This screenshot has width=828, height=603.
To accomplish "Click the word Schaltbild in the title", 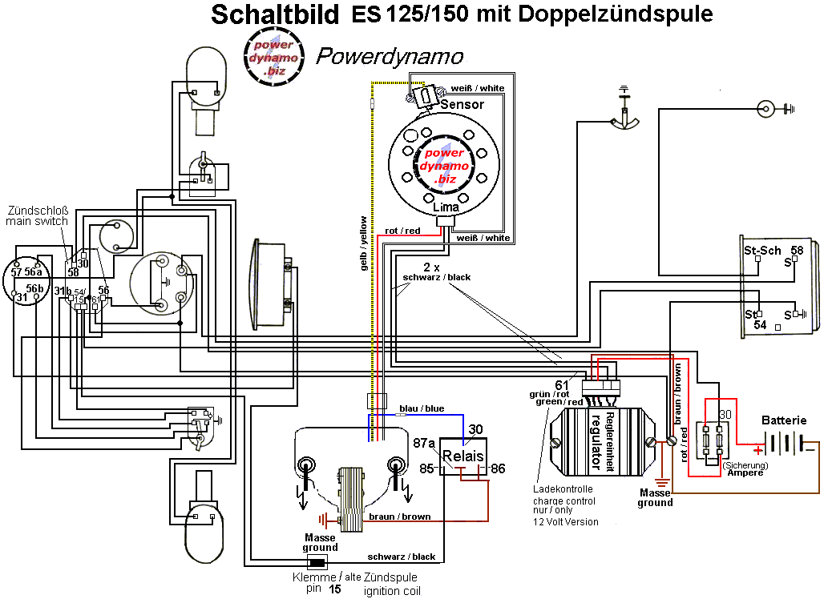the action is pos(275,14).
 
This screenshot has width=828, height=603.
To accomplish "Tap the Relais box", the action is pos(463,456).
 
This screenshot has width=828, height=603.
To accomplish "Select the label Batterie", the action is pos(784,420).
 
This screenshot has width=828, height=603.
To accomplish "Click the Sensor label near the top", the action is pos(462,104).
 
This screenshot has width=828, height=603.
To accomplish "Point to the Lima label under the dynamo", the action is pos(446,207).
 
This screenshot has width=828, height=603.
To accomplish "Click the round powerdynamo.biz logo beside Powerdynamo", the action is pos(274,57).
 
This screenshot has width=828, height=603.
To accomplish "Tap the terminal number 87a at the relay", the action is pos(423,443).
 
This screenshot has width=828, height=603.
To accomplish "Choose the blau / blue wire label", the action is pos(422,408).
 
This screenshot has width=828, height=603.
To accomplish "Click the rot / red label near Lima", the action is pos(402,231).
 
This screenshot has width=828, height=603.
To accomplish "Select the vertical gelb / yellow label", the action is pos(363,243).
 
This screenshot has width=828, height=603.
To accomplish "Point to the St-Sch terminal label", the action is pos(762,251).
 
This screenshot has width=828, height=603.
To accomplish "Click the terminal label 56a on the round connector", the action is pos(33,272).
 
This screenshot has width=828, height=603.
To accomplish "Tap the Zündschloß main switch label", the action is pos(37,216).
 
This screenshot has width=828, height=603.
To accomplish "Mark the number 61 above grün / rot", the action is pos(562,386).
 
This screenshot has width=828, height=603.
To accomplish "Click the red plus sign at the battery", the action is pos(758,450).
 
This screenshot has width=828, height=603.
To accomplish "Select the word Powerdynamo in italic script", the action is pos(390,57).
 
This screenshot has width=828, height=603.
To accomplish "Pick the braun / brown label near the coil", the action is pos(400,517).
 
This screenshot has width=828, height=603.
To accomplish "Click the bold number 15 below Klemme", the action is pos(335,589).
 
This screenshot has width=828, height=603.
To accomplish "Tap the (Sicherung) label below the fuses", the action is pos(745,465).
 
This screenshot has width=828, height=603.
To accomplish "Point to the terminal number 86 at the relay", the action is pos(498,468).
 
